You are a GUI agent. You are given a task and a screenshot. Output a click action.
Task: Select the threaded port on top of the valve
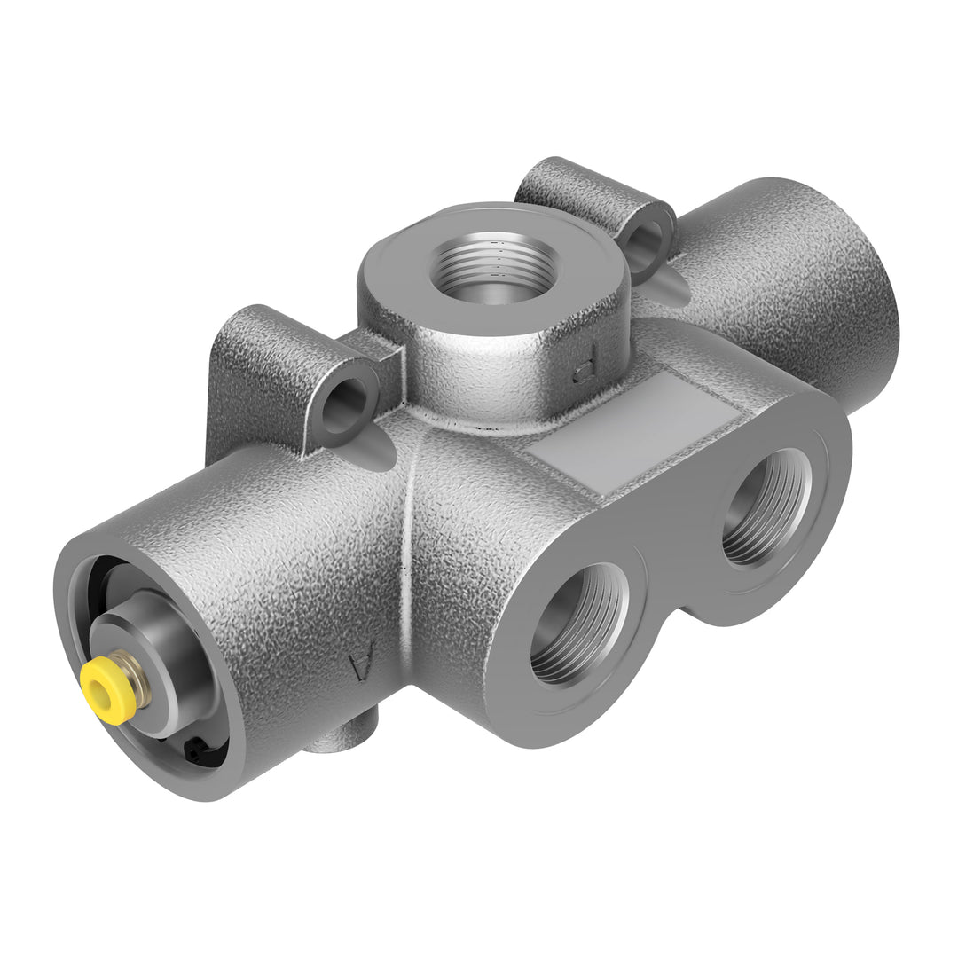pos(493,267)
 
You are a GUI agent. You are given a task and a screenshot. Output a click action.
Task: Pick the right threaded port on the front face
pos(765,507)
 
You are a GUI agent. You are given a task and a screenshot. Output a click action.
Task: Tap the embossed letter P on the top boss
pos(585,372)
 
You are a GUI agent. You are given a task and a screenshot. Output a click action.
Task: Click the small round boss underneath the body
pos(342,735)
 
